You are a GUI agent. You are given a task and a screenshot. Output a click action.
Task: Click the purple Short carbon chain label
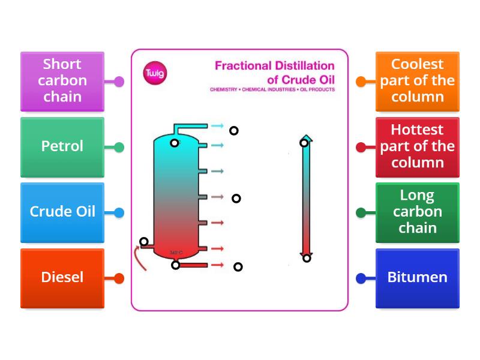point(62,81)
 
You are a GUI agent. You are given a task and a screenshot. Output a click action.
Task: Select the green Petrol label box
point(62,146)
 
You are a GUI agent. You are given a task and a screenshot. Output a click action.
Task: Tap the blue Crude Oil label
point(62,212)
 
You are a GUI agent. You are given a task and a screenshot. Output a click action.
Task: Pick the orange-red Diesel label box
point(62,278)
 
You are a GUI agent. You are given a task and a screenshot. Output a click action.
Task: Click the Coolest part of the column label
point(417,81)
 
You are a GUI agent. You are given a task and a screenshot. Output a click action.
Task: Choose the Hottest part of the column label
point(417,146)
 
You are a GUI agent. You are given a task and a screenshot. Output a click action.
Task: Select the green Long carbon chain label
point(417,212)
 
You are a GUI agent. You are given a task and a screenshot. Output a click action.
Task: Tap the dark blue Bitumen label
point(417,278)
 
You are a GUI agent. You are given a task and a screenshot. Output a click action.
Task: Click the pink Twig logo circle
point(155,73)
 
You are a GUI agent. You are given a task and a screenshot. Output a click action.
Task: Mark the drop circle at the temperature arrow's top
point(304,143)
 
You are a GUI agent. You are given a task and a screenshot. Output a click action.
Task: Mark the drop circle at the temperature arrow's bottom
point(307,258)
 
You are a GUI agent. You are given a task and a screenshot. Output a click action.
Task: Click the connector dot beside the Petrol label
point(119,147)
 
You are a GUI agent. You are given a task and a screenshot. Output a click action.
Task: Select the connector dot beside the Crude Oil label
point(119,212)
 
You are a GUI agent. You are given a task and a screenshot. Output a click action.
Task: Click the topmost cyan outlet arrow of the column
point(217,126)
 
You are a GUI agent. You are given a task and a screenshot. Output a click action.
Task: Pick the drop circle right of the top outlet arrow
point(234,131)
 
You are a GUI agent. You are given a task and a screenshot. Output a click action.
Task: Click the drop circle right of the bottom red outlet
point(238,267)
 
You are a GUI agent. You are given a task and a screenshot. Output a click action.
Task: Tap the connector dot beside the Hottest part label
point(361,147)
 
